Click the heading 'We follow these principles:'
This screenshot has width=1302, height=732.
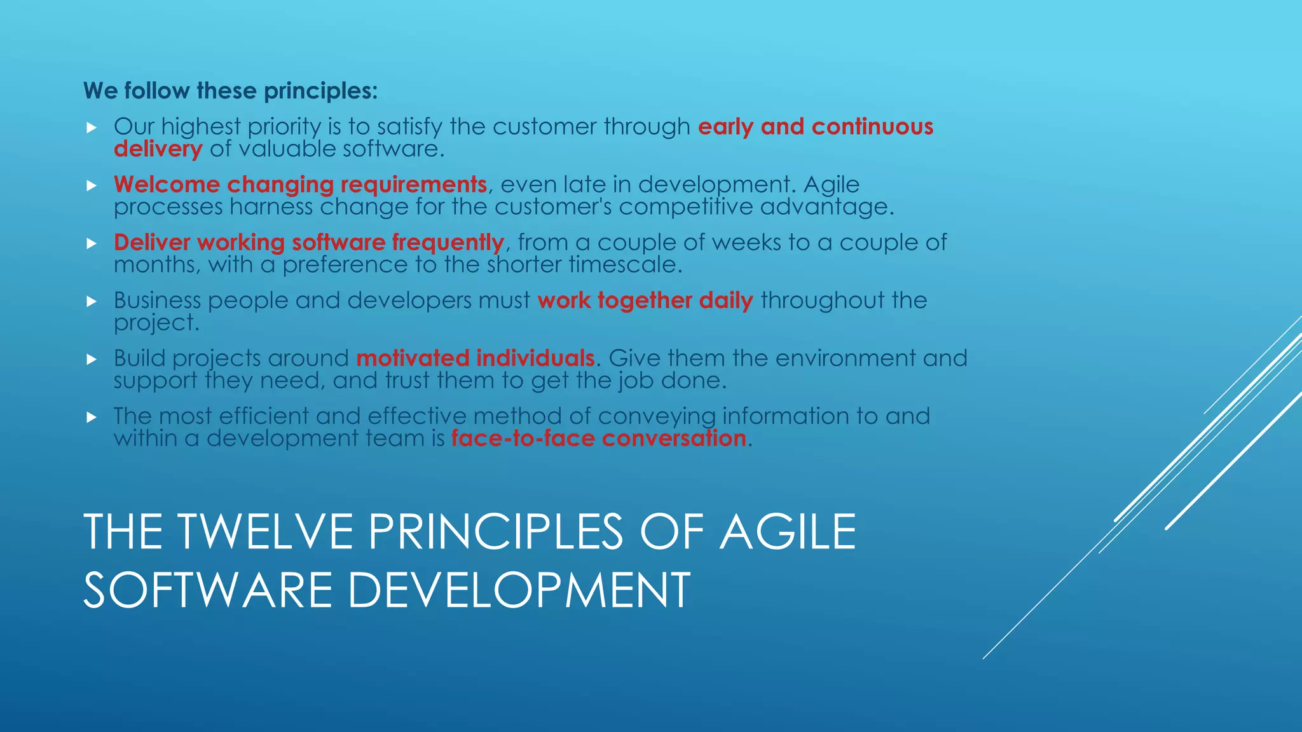tap(230, 91)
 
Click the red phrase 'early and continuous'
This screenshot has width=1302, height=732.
tap(815, 126)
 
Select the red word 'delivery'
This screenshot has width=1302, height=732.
tap(158, 149)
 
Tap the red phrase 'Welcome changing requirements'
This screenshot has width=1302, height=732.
tap(300, 184)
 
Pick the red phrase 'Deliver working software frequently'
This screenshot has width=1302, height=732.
tap(308, 242)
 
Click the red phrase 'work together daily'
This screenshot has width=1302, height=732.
tap(645, 300)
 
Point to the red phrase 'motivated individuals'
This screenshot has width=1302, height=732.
tap(475, 358)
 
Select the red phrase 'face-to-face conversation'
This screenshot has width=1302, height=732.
tap(598, 438)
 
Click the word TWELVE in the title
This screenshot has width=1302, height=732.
tap(264, 532)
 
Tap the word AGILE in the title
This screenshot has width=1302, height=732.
tap(788, 532)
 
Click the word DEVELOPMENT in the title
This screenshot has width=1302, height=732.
tap(518, 590)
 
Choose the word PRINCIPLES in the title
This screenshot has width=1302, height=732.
tap(496, 532)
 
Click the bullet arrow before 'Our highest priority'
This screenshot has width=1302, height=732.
tap(92, 128)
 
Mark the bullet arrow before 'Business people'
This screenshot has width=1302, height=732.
tap(92, 301)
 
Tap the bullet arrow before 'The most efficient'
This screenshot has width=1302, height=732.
tap(92, 417)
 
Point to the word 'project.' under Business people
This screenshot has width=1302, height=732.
tap(156, 323)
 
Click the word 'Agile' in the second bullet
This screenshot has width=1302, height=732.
tap(831, 184)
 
